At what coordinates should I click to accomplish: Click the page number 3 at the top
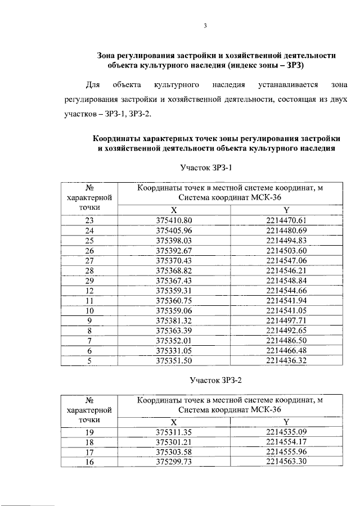click(205, 25)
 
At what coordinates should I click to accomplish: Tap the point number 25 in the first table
click(89, 240)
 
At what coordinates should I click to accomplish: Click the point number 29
click(89, 281)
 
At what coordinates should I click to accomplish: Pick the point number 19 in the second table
click(89, 432)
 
